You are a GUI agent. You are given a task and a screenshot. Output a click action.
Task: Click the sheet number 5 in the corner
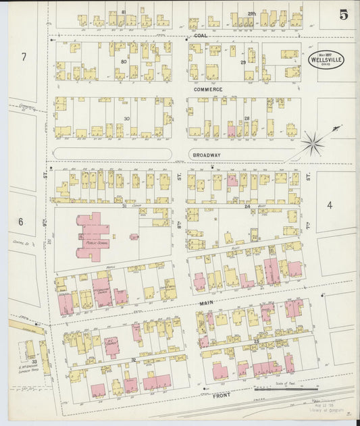pos(343,13)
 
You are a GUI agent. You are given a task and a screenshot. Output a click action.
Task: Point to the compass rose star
pos(312,142)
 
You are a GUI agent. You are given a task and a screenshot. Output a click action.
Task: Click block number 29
pos(242,61)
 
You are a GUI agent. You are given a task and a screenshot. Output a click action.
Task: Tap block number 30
pos(126,119)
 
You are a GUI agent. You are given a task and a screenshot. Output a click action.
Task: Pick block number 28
pos(247,119)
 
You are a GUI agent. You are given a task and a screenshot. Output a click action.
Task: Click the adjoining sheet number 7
pos(23,57)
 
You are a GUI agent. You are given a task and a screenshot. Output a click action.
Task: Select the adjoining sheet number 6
pos(21,221)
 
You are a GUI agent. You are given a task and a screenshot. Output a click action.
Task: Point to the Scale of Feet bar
pos(286,388)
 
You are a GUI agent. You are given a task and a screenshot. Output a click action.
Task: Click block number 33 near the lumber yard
pos(33,362)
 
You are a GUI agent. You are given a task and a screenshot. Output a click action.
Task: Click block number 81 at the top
pos(124,12)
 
